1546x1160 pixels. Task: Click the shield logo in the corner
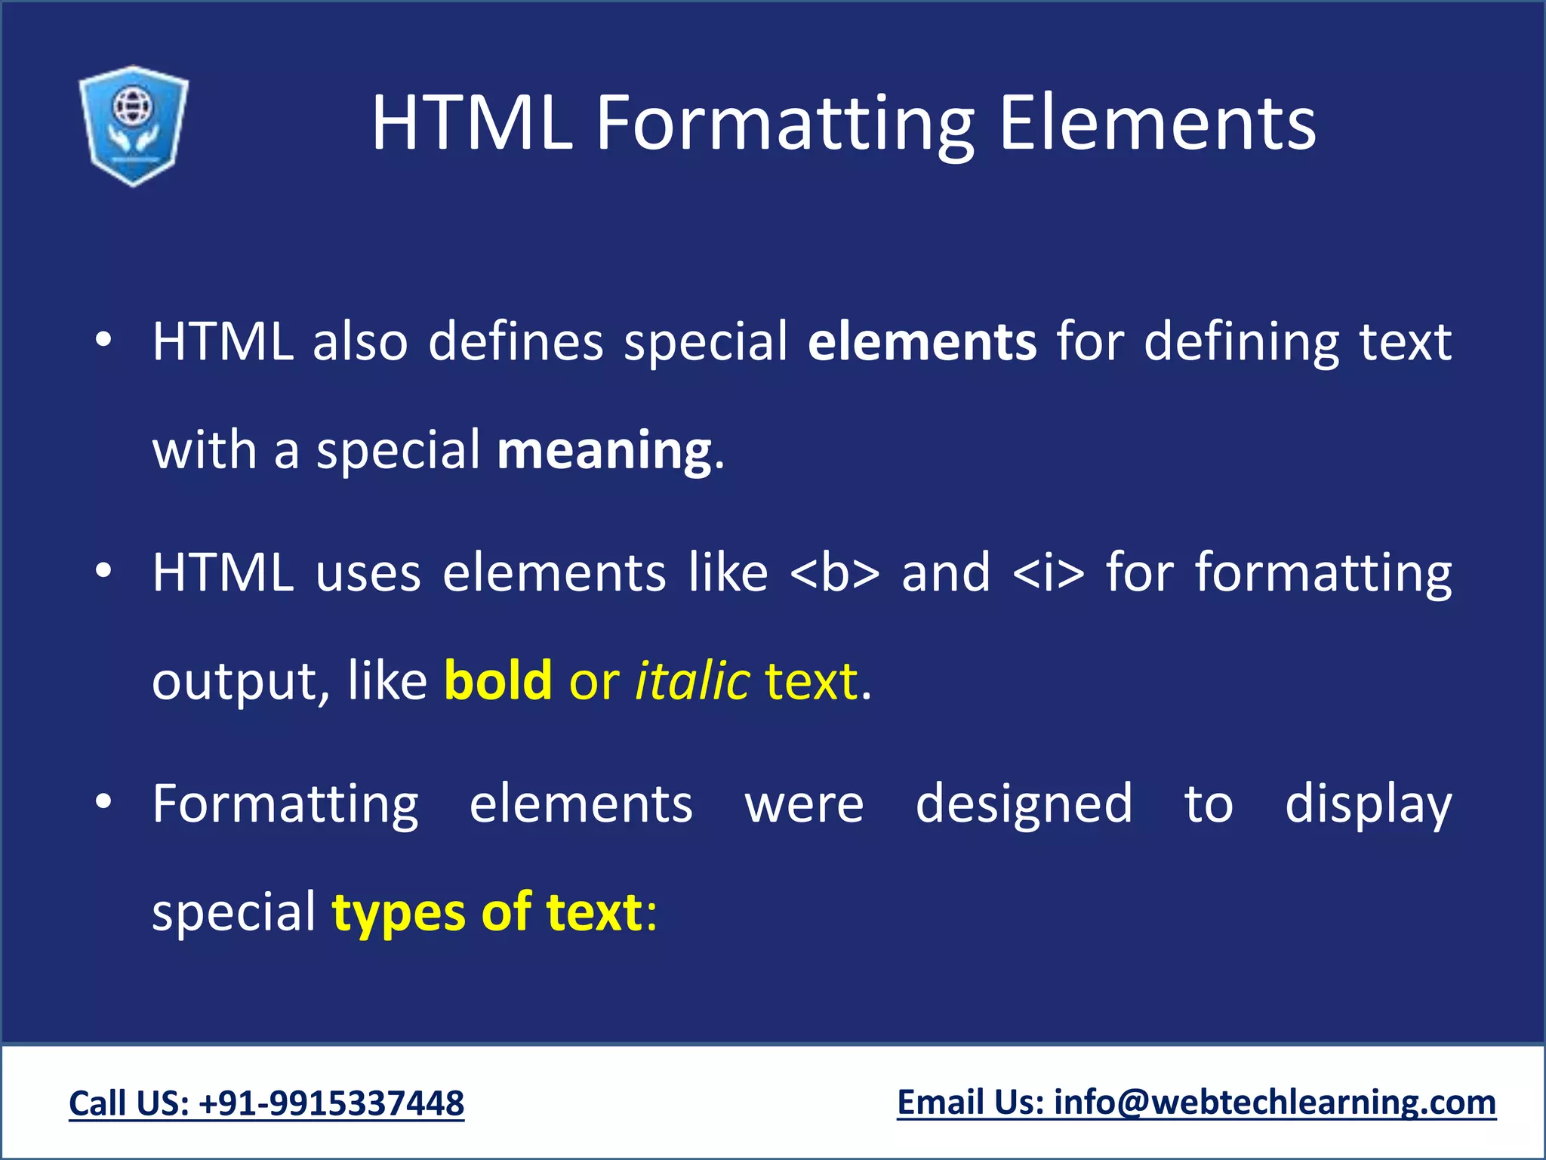pyautogui.click(x=134, y=125)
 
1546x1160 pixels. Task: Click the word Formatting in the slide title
pyautogui.click(x=785, y=125)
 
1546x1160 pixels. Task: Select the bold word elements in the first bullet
pyautogui.click(x=922, y=342)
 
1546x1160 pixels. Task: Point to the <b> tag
pyautogui.click(x=834, y=573)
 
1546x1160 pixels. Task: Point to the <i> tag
pyautogui.click(x=1048, y=573)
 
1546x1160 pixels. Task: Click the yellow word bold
pyautogui.click(x=497, y=680)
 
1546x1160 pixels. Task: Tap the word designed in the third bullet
pyautogui.click(x=1024, y=804)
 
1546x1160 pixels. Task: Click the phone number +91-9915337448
pyautogui.click(x=331, y=1103)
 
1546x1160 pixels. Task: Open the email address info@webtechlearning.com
pyautogui.click(x=1274, y=1103)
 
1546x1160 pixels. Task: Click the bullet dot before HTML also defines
pyautogui.click(x=103, y=341)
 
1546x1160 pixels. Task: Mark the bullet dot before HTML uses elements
pyautogui.click(x=103, y=572)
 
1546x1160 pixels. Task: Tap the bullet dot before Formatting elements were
pyautogui.click(x=103, y=804)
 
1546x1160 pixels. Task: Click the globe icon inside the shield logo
pyautogui.click(x=133, y=106)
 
